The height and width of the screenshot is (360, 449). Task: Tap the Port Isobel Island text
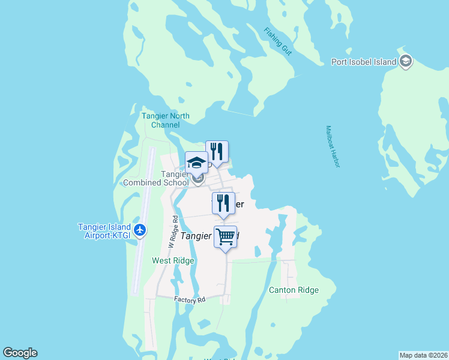[364, 62]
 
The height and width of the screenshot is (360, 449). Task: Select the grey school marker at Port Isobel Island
[406, 61]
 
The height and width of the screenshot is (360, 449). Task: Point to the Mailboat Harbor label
[333, 146]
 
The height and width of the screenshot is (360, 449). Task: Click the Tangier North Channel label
[166, 120]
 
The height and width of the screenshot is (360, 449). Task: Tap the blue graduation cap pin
[197, 163]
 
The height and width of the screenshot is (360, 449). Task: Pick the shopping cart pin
[225, 237]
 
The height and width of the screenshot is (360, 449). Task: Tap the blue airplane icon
[140, 230]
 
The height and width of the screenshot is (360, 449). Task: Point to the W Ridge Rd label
[172, 233]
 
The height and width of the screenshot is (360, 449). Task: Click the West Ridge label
[173, 260]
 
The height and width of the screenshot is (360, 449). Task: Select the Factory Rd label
[190, 299]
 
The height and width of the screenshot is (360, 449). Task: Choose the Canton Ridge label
[294, 290]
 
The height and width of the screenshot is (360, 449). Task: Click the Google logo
[20, 353]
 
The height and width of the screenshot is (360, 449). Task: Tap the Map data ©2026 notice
[423, 355]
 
